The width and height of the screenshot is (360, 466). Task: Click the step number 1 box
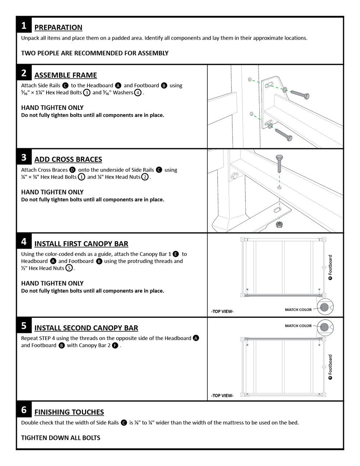coord(24,25)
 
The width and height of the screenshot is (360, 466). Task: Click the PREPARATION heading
coord(58,27)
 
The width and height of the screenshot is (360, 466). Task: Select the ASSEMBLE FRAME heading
coord(66,75)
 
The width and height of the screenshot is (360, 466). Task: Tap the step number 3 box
coord(24,157)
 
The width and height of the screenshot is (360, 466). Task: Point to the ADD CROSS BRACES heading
coord(68,159)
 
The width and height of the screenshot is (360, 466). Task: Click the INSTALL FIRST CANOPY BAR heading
coord(81,244)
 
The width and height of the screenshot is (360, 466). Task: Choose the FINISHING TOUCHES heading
coord(69,412)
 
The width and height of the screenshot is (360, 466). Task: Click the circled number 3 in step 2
coord(87,92)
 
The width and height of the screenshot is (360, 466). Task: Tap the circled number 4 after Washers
coord(138,92)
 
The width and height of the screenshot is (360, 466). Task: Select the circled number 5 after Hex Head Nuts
coord(69,268)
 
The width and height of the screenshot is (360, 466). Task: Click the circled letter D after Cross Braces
coord(72,170)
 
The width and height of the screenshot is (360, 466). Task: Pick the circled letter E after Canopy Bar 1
coord(176,254)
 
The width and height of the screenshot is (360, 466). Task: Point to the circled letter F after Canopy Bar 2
coord(115,345)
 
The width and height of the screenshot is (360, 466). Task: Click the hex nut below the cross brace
coord(279,224)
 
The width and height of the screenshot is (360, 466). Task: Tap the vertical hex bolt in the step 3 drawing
coord(279,164)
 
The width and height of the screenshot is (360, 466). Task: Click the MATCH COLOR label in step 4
coord(298,310)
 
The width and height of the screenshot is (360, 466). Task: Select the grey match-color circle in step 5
coord(324,327)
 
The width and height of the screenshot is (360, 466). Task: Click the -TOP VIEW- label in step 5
coord(222,395)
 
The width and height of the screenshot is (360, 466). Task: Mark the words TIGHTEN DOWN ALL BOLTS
coord(61,438)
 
